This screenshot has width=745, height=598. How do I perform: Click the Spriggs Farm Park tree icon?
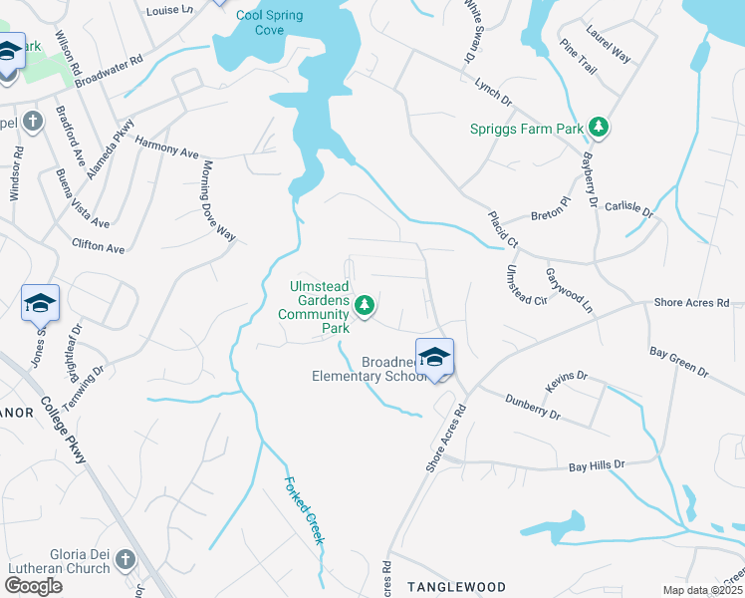pyautogui.click(x=598, y=127)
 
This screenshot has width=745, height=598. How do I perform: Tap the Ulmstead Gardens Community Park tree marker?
pyautogui.click(x=366, y=304)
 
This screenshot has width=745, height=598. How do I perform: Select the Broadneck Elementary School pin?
pyautogui.click(x=434, y=357)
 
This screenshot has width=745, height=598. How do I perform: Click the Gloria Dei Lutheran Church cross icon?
pyautogui.click(x=126, y=559)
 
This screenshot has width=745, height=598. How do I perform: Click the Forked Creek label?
pyautogui.click(x=305, y=508)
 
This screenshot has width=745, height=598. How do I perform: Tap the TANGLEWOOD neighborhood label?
pyautogui.click(x=457, y=587)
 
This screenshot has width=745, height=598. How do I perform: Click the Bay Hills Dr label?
pyautogui.click(x=596, y=465)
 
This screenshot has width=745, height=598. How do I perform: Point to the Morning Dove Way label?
pyautogui.click(x=219, y=199)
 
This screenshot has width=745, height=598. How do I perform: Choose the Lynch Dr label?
pyautogui.click(x=492, y=95)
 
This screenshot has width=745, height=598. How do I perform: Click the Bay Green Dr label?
pyautogui.click(x=678, y=362)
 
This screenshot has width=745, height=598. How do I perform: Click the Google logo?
pyautogui.click(x=33, y=586)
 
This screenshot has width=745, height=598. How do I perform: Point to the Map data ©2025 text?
pyautogui.click(x=703, y=591)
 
